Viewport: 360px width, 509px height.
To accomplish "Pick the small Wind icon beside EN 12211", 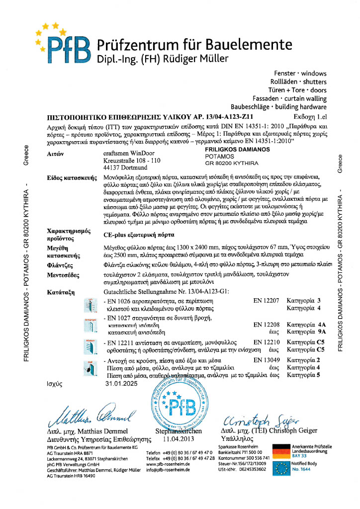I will point(90,346).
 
